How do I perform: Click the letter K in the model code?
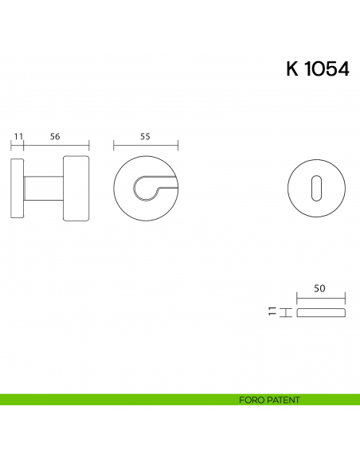[292, 69]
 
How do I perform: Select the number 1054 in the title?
[327, 69]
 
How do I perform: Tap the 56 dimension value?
[55, 136]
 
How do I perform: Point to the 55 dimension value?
[145, 136]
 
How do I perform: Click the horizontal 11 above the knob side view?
[18, 136]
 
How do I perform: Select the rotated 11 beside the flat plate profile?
[272, 312]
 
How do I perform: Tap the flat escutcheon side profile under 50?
[321, 312]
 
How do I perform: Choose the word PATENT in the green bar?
[284, 400]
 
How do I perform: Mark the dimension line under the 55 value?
[145, 146]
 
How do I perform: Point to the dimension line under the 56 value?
[56, 146]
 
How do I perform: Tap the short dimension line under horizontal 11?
[18, 146]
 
